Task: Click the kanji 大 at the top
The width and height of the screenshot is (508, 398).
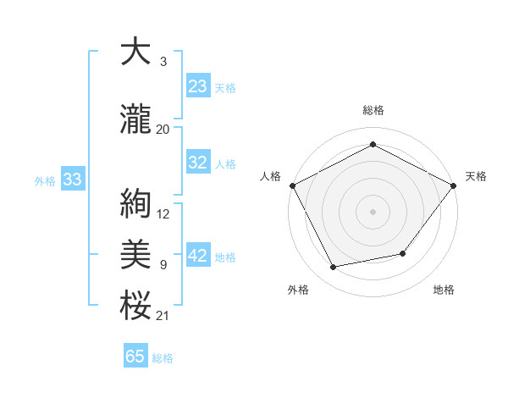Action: pyautogui.click(x=135, y=53)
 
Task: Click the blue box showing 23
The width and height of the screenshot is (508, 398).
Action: pyautogui.click(x=198, y=86)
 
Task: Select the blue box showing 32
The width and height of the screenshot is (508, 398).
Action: pyautogui.click(x=198, y=163)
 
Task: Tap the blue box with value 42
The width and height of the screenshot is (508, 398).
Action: pyautogui.click(x=198, y=257)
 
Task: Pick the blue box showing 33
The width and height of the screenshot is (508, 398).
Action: pyautogui.click(x=73, y=180)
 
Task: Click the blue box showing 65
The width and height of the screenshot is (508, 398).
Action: pyautogui.click(x=135, y=357)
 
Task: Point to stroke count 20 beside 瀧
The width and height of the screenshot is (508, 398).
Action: pyautogui.click(x=163, y=129)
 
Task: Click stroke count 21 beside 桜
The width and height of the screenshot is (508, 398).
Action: pyautogui.click(x=163, y=316)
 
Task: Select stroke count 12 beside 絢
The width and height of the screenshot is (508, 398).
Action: pyautogui.click(x=163, y=214)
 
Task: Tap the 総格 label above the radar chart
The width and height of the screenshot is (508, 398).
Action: pyautogui.click(x=373, y=110)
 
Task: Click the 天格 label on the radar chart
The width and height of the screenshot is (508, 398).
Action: pyautogui.click(x=476, y=176)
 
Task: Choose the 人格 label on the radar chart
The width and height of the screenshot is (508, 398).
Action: pyautogui.click(x=270, y=176)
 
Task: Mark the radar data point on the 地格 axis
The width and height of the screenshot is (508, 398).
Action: pyautogui.click(x=404, y=254)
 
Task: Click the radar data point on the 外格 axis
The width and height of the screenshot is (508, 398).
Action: pyautogui.click(x=334, y=268)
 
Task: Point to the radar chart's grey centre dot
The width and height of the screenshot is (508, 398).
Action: pyautogui.click(x=373, y=211)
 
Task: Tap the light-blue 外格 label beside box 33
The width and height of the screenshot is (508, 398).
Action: pyautogui.click(x=45, y=180)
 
